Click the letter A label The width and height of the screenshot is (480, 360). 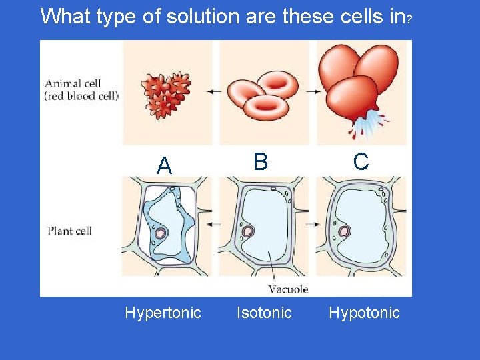[x=164, y=166]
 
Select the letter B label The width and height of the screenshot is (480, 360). [x=260, y=162]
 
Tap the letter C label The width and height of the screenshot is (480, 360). [x=361, y=162]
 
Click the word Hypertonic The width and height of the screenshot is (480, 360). [x=163, y=313]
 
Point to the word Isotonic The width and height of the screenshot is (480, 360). [x=264, y=313]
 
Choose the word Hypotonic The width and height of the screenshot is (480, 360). [x=364, y=313]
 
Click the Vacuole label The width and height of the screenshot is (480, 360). [x=288, y=289]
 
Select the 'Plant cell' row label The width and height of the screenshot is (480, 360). [x=69, y=231]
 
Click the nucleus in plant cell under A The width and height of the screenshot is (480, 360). [x=161, y=233]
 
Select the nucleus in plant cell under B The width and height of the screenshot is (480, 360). [x=248, y=231]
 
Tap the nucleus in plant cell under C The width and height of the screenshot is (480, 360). [x=345, y=231]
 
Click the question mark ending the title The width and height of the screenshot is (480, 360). [x=408, y=18]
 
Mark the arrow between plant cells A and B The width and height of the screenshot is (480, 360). [x=215, y=225]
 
